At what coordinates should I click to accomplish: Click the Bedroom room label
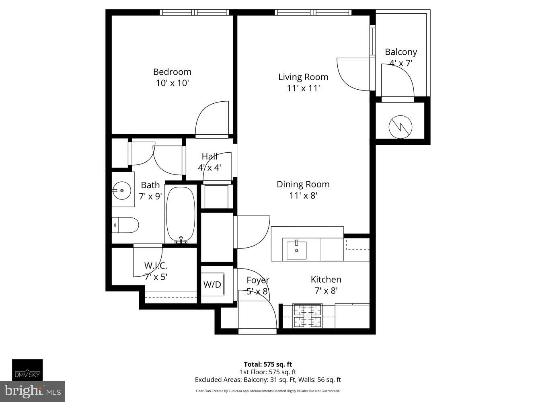coord(172,72)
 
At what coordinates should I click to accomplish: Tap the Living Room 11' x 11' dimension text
coord(303,88)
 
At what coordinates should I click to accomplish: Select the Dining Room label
coord(303,184)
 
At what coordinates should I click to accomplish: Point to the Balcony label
coord(400,52)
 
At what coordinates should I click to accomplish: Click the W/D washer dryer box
coord(212,285)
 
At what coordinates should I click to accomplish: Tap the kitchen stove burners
coord(308,316)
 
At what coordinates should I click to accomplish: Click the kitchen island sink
coord(296,250)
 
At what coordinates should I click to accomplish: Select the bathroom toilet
coord(125,225)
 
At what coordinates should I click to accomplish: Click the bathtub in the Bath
coord(181,215)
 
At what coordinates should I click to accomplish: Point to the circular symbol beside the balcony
coord(400,127)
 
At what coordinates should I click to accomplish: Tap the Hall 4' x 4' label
coord(209,162)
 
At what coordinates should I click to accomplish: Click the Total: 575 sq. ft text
coord(268,365)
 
